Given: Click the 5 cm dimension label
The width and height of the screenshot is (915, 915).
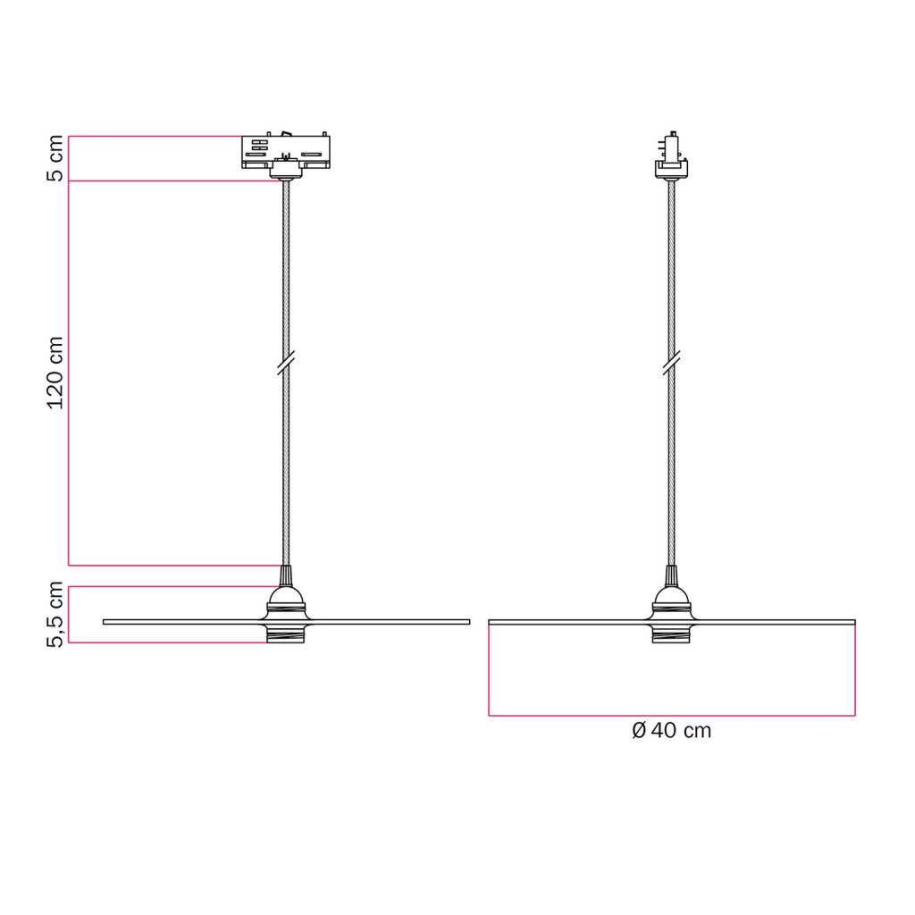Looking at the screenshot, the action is pyautogui.click(x=55, y=158).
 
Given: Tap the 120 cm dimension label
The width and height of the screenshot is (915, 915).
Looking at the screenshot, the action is pyautogui.click(x=55, y=373).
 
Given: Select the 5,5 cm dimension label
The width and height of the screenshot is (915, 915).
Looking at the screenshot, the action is pyautogui.click(x=55, y=615).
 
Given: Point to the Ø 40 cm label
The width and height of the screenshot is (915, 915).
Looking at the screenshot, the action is pyautogui.click(x=672, y=731).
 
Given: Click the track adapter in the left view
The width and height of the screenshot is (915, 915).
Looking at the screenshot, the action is pyautogui.click(x=286, y=152).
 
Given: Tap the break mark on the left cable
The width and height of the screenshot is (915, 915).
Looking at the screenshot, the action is pyautogui.click(x=286, y=363).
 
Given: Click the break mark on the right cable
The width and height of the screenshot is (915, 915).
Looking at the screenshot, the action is pyautogui.click(x=672, y=363).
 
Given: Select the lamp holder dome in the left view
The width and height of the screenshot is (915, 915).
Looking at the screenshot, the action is pyautogui.click(x=286, y=596).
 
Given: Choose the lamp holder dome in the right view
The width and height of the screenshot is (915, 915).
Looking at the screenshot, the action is pyautogui.click(x=671, y=596).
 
